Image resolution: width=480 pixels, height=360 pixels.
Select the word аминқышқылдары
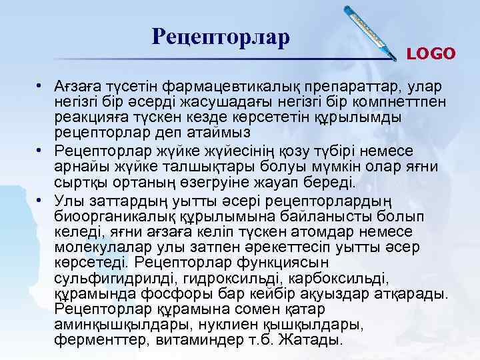[112, 327]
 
